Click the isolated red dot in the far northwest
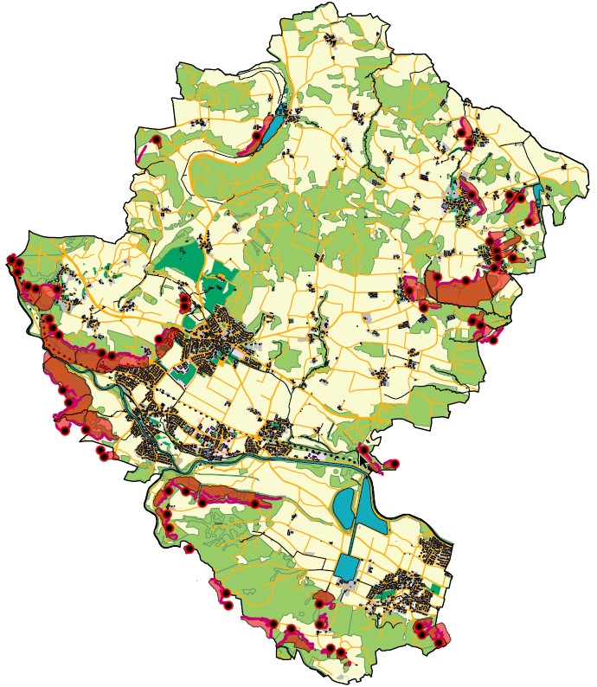click(156, 139)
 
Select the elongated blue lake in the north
click(275, 127)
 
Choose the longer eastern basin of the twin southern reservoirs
click(369, 510)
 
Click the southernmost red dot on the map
click(342, 652)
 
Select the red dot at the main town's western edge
click(158, 339)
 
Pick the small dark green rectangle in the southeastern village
click(435, 588)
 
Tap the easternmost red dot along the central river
click(397, 464)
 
